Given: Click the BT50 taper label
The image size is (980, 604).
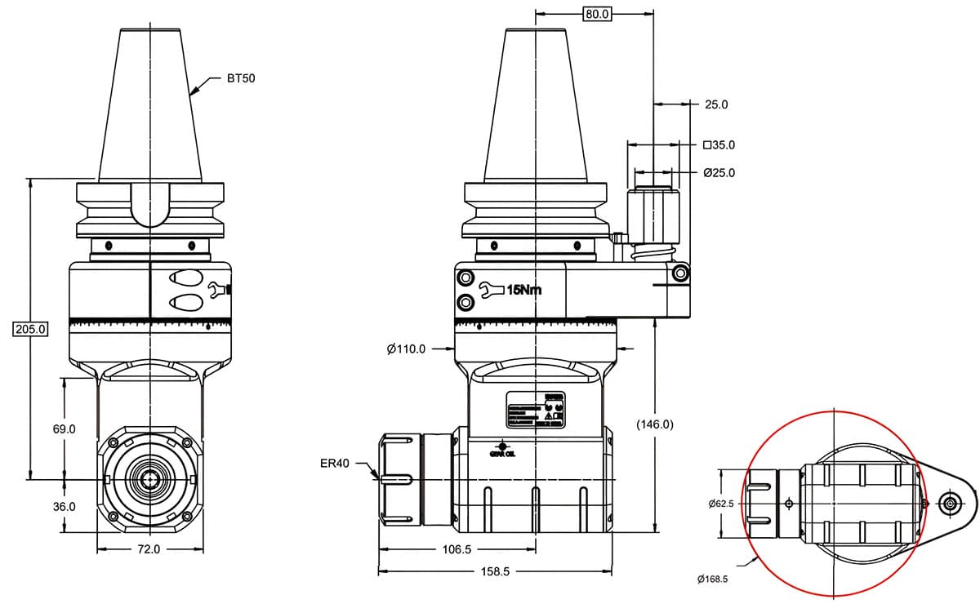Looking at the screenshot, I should coord(242,80).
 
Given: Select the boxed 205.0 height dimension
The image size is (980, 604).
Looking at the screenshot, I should coord(31,329).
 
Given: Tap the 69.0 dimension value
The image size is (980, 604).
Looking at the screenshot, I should coord(63,429).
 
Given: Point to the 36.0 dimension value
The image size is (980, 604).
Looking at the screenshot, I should coord(63,506).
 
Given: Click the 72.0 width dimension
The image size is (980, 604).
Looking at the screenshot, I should coord(148,549).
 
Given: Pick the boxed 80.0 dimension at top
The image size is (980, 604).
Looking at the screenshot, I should coord(596,14).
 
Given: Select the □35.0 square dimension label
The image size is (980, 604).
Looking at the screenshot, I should coord(719,145).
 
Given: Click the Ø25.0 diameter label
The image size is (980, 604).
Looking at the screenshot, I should coord(719,173).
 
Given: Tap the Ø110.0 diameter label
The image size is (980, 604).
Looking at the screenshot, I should coord(406,349).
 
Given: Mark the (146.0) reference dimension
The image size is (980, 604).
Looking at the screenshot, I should coord(654,424).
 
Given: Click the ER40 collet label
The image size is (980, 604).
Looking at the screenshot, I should coord(335,464).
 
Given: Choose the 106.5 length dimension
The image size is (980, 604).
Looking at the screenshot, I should coord(457,549).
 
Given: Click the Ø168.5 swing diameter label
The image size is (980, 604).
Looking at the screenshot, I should coord(712,579).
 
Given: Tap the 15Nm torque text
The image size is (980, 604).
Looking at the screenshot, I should coord(523,290).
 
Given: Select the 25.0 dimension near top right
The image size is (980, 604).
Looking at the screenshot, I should coord(715,104).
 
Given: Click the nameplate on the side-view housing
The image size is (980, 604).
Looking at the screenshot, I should coord(537,411).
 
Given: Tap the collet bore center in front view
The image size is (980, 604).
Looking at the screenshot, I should coord(149,479).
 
